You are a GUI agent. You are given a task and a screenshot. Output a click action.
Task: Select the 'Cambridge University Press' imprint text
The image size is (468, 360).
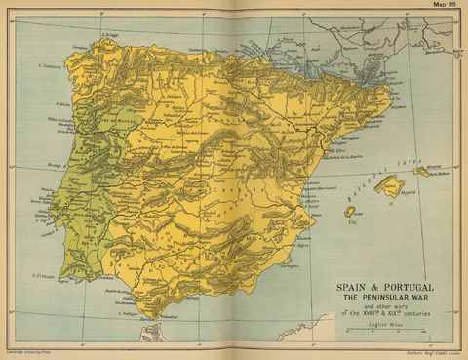[28, 350]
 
